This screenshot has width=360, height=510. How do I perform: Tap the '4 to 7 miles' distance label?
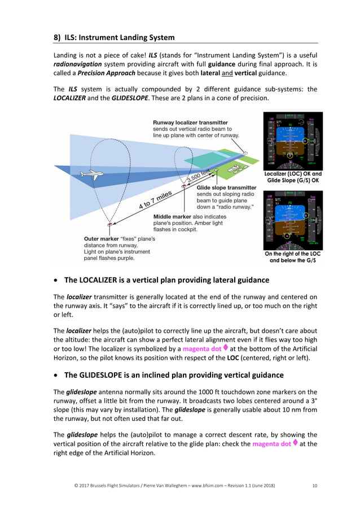pos(155,200)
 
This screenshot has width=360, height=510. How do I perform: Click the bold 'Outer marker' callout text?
pos(102,238)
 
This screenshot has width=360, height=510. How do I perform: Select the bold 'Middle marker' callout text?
pos(172,216)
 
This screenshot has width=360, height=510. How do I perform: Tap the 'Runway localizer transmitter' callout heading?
pos(190,122)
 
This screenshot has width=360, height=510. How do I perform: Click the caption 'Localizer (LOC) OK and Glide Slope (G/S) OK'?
pos(293,177)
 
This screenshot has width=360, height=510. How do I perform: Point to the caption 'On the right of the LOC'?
pos(293,254)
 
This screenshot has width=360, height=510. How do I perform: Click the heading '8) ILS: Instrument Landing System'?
pos(114,38)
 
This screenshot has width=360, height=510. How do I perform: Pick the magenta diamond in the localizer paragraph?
pos(225,348)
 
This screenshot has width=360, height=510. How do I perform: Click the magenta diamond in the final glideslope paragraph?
pos(294,443)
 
